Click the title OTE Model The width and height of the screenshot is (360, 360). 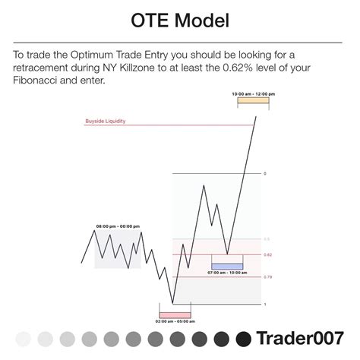tap(179, 20)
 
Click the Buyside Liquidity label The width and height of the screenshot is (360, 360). tap(106, 120)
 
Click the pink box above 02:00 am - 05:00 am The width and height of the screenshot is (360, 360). tap(175, 313)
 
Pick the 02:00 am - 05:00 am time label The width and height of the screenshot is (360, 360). tap(175, 321)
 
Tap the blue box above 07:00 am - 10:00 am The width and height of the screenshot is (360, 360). tap(227, 266)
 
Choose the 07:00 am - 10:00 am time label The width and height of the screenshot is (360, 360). tap(227, 272)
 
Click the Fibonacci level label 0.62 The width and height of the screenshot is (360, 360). tap(267, 255)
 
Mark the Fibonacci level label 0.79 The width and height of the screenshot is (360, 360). tap(267, 277)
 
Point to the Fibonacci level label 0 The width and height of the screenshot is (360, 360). tap(264, 174)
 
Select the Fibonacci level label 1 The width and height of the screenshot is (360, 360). tap(264, 305)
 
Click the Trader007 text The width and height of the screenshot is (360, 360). tap(299, 338)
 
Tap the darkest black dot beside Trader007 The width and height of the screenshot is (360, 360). tap(244, 338)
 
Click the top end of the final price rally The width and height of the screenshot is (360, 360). tap(255, 115)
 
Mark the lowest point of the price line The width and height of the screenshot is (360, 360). tap(173, 304)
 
